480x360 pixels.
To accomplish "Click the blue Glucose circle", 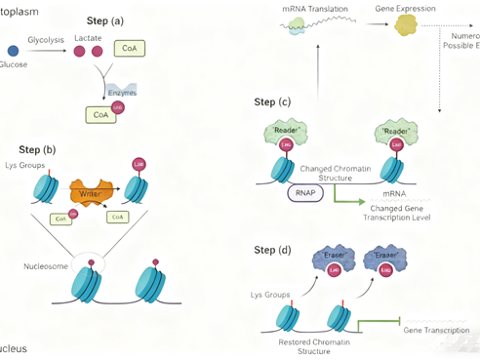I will [x=13, y=50].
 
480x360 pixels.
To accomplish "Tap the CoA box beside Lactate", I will [x=126, y=48].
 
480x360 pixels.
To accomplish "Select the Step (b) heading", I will [x=37, y=149].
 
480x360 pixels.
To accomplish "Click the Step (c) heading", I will [x=271, y=101].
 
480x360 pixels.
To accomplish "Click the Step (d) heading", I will [x=271, y=251].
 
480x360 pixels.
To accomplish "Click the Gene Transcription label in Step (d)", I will [x=436, y=330].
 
